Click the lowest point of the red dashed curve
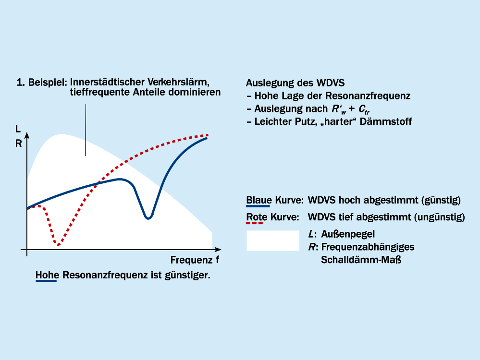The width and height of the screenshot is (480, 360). coord(58,245)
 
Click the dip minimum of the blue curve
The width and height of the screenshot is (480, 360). coord(148,218)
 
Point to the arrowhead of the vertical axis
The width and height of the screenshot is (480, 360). coord(27,135)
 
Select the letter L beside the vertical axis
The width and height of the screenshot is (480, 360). coord(18,129)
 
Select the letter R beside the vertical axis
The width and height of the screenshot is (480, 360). coord(19,142)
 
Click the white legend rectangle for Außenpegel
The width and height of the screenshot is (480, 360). coord(272,240)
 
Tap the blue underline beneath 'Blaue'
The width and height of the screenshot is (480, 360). coord(258,205)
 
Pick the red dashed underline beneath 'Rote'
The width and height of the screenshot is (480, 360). coord(255,223)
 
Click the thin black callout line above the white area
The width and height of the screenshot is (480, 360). coord(86,130)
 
